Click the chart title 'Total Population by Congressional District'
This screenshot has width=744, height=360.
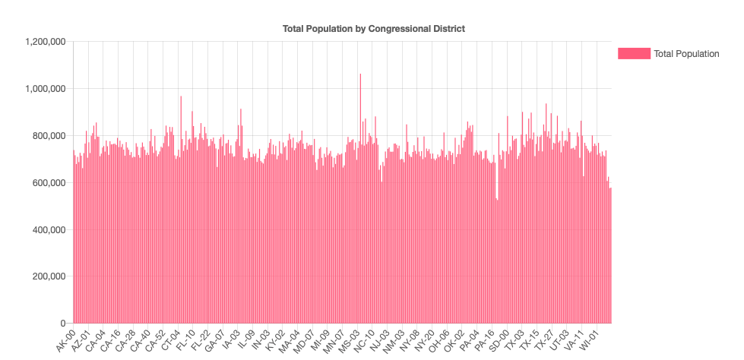tap(373, 29)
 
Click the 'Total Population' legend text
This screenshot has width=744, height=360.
tap(686, 53)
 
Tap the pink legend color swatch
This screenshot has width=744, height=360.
tap(634, 53)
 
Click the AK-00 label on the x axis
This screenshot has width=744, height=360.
tap(66, 341)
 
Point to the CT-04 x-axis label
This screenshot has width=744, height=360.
tap(170, 341)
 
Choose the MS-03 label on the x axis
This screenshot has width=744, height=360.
tap(350, 341)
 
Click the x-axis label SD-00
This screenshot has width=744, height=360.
tap(499, 341)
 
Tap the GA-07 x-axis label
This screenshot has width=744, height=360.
tap(215, 341)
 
